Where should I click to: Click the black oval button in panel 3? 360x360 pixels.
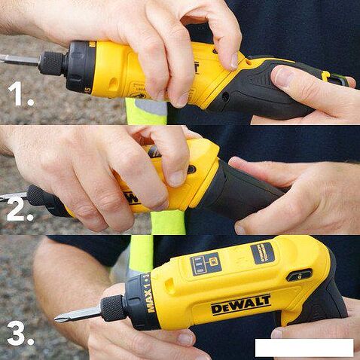point(298,275)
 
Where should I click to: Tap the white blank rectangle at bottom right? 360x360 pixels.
point(304,347)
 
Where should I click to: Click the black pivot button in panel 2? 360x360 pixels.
point(192,169)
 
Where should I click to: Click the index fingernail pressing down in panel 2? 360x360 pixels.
point(174,177)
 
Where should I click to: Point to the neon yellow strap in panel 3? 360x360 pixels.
point(139,253)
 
